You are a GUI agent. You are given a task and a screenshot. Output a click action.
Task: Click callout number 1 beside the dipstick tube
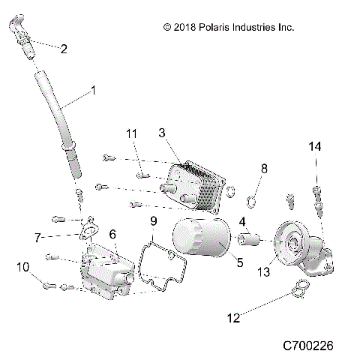coord(93,90)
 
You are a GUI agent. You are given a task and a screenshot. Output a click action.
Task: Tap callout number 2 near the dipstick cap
coord(64,49)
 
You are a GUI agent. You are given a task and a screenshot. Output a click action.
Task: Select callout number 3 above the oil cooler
coord(163,133)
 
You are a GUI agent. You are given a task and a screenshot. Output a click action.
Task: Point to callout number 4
coord(242,222)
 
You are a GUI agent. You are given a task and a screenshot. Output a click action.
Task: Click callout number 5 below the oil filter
coord(239,262)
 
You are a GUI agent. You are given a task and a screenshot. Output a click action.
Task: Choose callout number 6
coord(112,235)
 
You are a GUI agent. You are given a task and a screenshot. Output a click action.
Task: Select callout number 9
coord(154,220)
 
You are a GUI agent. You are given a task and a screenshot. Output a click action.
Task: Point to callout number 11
coord(131,133)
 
